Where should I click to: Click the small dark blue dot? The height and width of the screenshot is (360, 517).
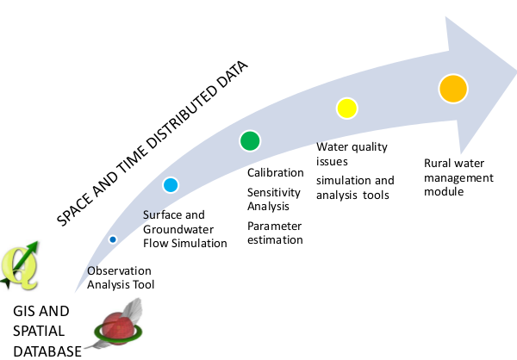point(113,239)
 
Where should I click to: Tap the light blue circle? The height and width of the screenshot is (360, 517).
point(171,185)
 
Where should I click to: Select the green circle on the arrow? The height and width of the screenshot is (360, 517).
point(250,140)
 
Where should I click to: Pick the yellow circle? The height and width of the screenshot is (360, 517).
point(347,109)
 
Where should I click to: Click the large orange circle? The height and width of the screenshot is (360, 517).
point(453,89)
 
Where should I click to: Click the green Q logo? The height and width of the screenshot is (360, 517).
point(20,266)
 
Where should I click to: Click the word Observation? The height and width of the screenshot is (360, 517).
point(119,270)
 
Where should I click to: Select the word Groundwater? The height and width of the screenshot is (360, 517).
point(178,229)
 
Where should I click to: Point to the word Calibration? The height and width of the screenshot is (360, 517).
point(276,173)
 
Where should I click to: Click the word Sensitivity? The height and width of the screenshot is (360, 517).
point(274,192)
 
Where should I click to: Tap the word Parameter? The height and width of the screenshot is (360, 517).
point(274,227)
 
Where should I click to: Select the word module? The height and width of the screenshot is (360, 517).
point(444,191)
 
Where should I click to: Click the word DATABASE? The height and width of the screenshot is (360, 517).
point(47,351)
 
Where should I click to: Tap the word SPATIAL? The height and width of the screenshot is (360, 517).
point(39,331)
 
